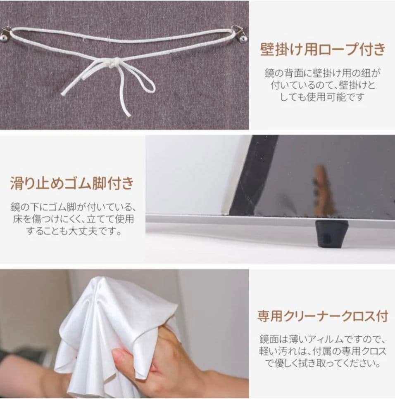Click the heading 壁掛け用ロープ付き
tap(322, 49)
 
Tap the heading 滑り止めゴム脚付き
tap(73, 183)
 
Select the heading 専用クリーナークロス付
tap(322, 316)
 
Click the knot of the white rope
tap(112, 63)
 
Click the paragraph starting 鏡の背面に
tap(322, 85)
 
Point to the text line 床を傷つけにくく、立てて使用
tap(73, 218)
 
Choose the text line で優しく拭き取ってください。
tap(322, 364)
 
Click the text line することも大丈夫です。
tap(73, 231)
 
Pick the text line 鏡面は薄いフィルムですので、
tap(322, 339)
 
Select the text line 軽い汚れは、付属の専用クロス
tap(322, 352)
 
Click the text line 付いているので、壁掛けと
tap(322, 86)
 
